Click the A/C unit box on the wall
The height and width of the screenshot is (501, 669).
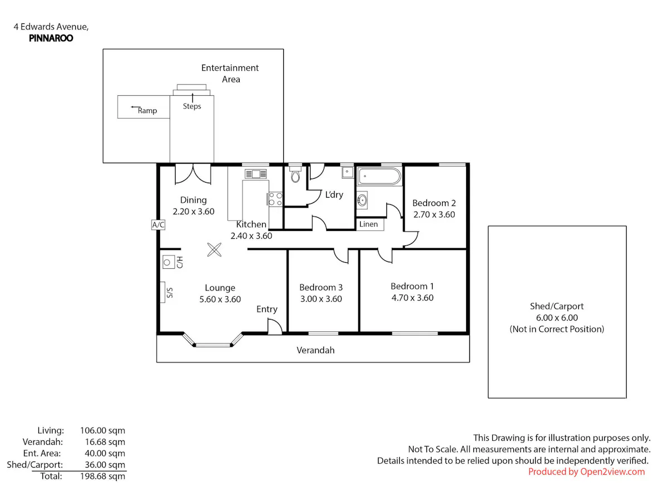click(x=158, y=225)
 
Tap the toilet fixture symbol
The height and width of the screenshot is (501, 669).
click(x=295, y=175)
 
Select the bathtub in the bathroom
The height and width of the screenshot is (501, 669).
click(x=379, y=176)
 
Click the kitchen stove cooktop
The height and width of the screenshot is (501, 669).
click(x=275, y=199)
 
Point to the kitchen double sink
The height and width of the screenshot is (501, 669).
click(x=256, y=174)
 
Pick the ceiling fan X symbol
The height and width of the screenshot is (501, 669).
click(x=214, y=250)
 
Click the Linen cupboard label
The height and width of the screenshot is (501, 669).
click(x=369, y=224)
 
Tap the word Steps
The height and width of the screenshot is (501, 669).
click(x=192, y=106)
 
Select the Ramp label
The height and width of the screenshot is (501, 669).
click(x=147, y=111)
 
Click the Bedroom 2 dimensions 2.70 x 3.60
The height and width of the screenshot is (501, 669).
click(x=434, y=214)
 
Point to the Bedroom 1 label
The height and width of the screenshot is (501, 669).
click(x=412, y=286)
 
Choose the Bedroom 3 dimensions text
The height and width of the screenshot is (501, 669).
click(x=321, y=299)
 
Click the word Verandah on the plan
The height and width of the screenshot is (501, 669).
click(x=316, y=350)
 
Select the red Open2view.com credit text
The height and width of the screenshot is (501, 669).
click(x=586, y=471)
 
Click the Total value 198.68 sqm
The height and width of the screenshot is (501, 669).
click(x=103, y=476)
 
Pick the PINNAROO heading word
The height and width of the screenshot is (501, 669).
click(x=51, y=38)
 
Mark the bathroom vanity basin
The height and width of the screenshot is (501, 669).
click(x=362, y=200)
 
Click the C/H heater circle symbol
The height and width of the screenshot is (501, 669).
click(x=167, y=262)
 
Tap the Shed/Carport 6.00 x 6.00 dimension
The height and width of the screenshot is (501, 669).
click(x=557, y=317)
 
